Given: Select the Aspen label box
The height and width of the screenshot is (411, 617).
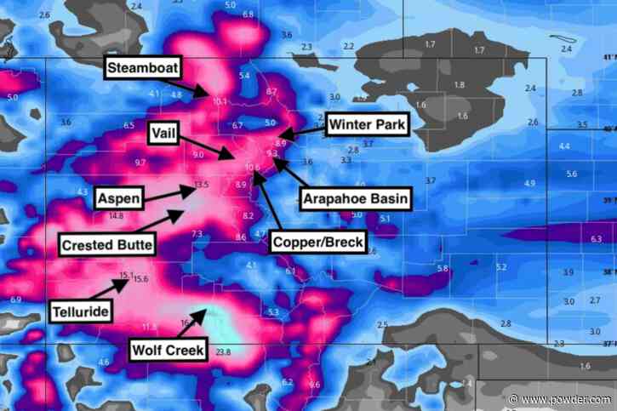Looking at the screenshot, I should [x=117, y=198].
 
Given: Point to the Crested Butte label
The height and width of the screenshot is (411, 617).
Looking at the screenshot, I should [x=108, y=245].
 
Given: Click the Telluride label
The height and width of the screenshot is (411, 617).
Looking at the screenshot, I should [x=80, y=311].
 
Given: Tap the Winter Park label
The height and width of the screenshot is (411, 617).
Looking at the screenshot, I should [x=368, y=125].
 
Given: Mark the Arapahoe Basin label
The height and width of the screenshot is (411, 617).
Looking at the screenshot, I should [x=356, y=200].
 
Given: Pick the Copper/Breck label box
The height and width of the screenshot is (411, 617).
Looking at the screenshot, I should [x=317, y=243].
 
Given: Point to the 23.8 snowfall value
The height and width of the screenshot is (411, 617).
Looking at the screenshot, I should [x=223, y=351].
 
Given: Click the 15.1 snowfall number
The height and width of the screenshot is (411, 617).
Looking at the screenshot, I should [x=127, y=275].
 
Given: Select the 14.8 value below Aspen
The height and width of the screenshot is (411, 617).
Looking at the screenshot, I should [x=116, y=216].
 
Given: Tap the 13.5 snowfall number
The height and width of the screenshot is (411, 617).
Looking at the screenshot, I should [x=201, y=184].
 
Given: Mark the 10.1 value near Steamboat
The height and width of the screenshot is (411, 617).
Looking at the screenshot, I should [x=220, y=101].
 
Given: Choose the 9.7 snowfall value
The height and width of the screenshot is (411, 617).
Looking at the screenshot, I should [x=140, y=162].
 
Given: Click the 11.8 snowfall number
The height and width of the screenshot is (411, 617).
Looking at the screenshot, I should [x=149, y=326].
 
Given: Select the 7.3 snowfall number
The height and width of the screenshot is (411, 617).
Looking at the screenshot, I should [x=197, y=232].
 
